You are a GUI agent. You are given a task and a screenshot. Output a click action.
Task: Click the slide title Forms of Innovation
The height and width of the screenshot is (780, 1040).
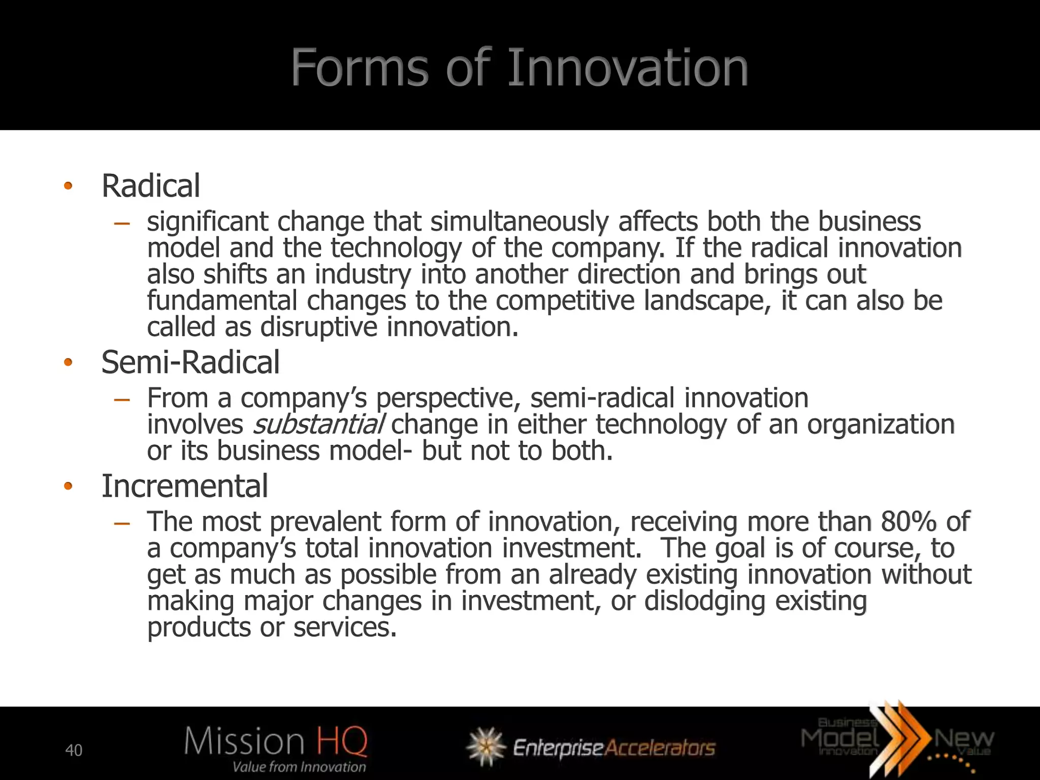(x=519, y=68)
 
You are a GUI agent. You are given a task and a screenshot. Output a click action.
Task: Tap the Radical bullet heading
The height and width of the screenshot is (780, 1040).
(x=151, y=186)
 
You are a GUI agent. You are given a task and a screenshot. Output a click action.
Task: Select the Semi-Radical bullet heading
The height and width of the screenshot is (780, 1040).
(x=190, y=362)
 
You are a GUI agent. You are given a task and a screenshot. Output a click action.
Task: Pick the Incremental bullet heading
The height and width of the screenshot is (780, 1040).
(x=185, y=486)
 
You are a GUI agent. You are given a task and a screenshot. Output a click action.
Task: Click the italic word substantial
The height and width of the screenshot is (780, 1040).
(x=318, y=425)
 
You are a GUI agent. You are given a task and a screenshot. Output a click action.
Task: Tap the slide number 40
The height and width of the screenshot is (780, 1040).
(x=74, y=750)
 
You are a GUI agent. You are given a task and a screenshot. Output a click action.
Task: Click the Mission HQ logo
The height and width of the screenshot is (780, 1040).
(x=276, y=742)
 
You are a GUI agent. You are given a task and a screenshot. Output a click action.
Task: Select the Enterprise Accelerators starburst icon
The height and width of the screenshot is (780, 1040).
(x=486, y=746)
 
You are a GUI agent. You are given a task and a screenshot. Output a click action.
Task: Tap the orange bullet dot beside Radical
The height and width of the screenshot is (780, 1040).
(x=68, y=186)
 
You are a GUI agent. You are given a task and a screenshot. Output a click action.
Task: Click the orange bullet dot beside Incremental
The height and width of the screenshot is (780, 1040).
(x=68, y=486)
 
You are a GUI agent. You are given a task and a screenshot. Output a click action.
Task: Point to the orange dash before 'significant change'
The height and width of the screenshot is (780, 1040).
(x=122, y=222)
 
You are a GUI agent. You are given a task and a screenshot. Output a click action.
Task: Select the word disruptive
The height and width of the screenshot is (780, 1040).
(x=319, y=327)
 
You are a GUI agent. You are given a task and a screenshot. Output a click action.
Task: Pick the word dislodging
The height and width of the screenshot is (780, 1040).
(x=704, y=601)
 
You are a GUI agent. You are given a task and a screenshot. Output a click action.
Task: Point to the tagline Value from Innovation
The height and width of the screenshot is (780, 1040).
(x=299, y=767)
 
